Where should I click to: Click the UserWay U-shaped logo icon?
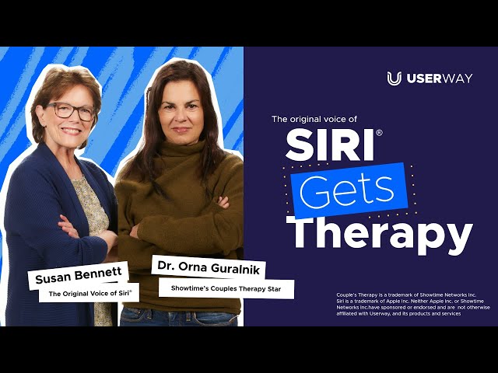pos(395,78)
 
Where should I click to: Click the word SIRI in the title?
pos(329,145)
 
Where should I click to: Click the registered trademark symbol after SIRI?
pos(379,133)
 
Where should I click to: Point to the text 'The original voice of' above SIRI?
pos(314,119)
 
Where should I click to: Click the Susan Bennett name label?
pos(79,275)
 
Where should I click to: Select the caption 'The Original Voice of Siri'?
pos(90,293)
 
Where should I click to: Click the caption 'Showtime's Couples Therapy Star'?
pos(226,288)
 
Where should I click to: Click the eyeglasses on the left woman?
pos(71,111)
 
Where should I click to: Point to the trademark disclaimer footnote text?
pos(413,304)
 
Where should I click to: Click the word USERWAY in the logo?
pos(440,78)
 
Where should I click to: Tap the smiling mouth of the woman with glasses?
pos(71,131)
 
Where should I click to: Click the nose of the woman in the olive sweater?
pos(180,117)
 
